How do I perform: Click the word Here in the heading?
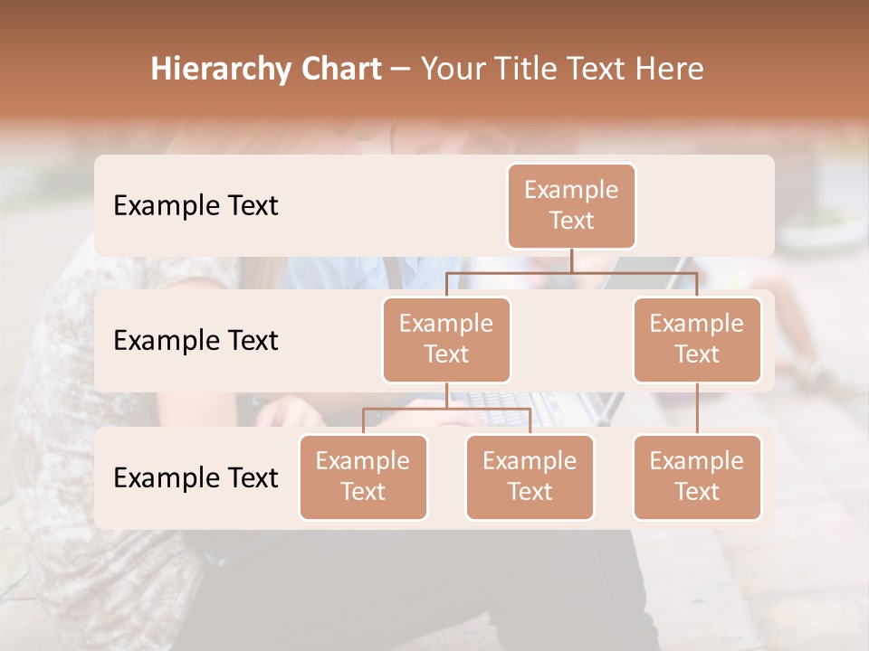pyautogui.click(x=670, y=70)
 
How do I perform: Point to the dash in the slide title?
pyautogui.click(x=400, y=70)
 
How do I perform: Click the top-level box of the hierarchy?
pyautogui.click(x=571, y=206)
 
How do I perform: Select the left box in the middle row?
pyautogui.click(x=446, y=340)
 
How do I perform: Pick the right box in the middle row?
pyautogui.click(x=697, y=340)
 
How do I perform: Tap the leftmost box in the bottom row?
pyautogui.click(x=363, y=477)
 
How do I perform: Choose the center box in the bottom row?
pyautogui.click(x=530, y=477)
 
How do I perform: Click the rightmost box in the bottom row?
pyautogui.click(x=697, y=477)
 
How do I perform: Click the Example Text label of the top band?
pyautogui.click(x=196, y=206)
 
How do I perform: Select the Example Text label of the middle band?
pyautogui.click(x=196, y=341)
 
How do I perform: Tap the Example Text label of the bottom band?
pyautogui.click(x=196, y=477)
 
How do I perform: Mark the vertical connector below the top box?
pyautogui.click(x=571, y=260)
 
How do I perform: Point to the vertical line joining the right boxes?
pyautogui.click(x=697, y=409)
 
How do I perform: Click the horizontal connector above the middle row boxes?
pyautogui.click(x=571, y=272)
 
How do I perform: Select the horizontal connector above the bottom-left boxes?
pyautogui.click(x=446, y=410)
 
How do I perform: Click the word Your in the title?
pyautogui.click(x=455, y=70)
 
